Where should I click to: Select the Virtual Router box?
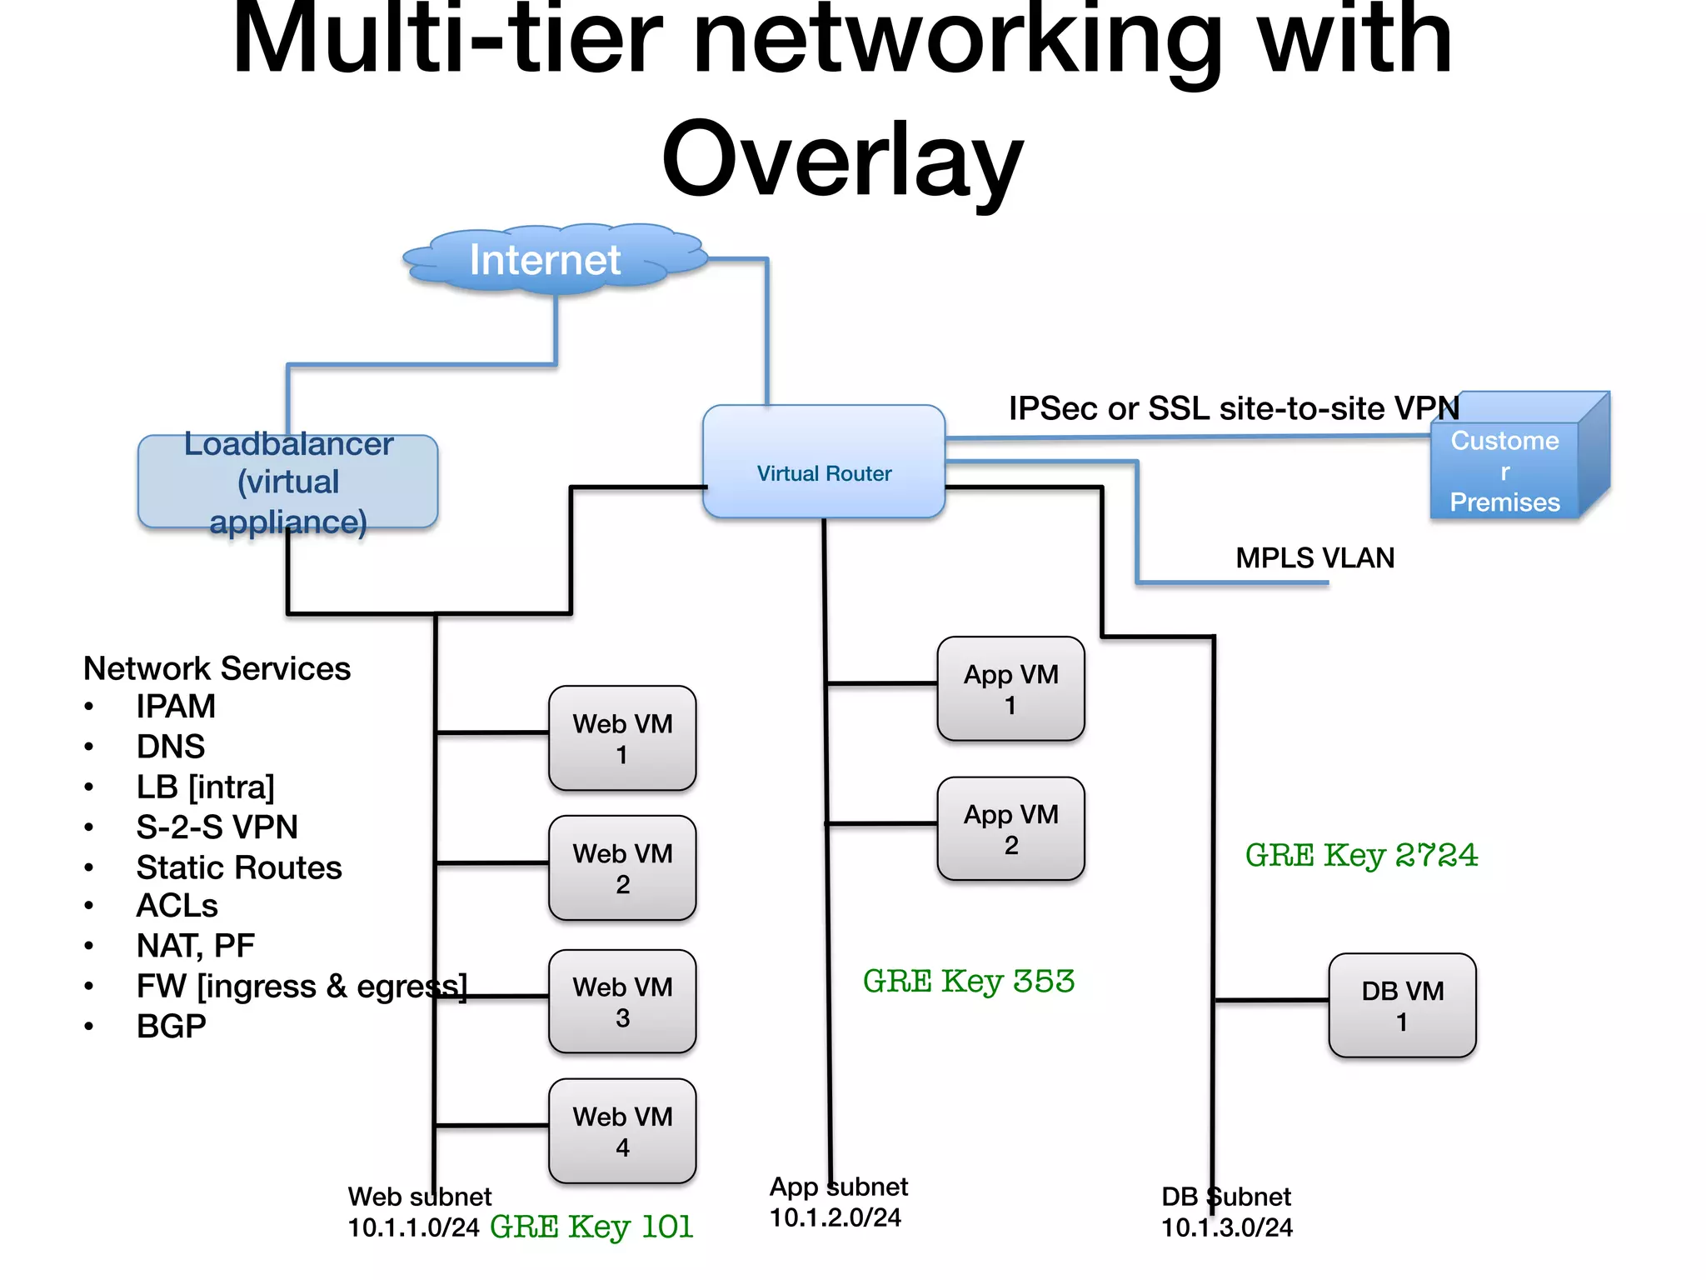click(x=823, y=462)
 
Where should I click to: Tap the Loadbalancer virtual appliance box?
click(x=287, y=482)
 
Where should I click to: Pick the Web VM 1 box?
click(x=622, y=738)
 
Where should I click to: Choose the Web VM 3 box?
click(x=622, y=1002)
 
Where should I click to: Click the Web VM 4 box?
click(x=622, y=1131)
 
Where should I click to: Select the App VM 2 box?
click(x=1010, y=828)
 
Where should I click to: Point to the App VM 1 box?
click(x=1010, y=688)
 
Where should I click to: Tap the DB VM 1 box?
click(x=1402, y=1005)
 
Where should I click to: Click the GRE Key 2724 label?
click(x=1361, y=855)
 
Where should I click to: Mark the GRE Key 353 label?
click(x=968, y=981)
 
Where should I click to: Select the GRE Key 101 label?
click(x=591, y=1227)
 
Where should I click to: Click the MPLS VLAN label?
click(x=1314, y=557)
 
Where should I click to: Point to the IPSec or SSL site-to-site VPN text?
click(x=1233, y=408)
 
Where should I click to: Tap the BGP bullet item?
click(x=171, y=1026)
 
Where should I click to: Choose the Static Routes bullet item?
click(x=238, y=867)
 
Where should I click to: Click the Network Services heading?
click(x=217, y=668)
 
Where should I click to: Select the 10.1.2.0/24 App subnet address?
click(x=835, y=1217)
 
